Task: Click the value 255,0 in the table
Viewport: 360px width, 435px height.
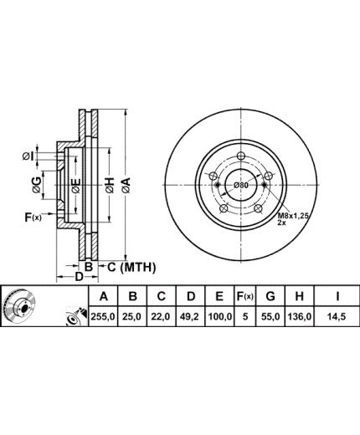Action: tap(103, 317)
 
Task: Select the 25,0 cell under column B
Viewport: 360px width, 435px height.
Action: tap(132, 317)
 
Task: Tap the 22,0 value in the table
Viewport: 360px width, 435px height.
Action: tap(161, 317)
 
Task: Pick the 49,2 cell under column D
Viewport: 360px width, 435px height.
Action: tap(190, 317)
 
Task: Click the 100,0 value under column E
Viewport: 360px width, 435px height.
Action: tap(219, 317)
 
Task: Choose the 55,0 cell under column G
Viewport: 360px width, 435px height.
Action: tap(270, 317)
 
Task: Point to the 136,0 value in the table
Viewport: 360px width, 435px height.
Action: tap(300, 317)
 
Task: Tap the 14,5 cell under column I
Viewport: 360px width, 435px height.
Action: tap(337, 317)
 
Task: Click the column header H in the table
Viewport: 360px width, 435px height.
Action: tap(299, 296)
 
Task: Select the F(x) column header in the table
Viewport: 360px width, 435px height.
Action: tap(244, 296)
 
